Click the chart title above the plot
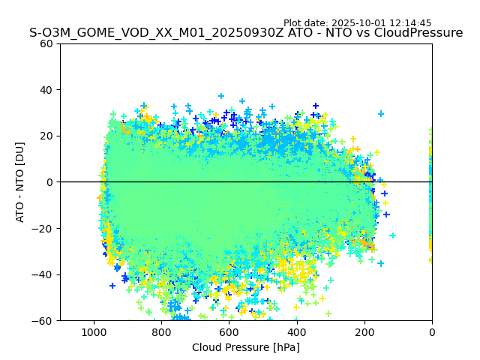(x=246, y=33)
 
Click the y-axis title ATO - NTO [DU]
(x=20, y=181)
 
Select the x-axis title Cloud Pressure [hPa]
(x=246, y=347)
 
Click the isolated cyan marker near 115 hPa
(x=392, y=235)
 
